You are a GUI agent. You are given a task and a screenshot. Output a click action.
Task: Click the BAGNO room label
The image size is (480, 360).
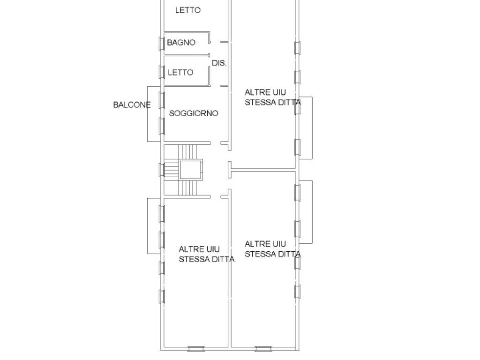[181, 43]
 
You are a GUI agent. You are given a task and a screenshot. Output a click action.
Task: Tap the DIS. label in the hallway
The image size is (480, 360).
[219, 63]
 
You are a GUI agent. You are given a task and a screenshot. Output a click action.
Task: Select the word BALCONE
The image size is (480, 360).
[132, 105]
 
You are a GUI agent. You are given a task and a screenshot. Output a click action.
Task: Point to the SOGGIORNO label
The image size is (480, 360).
[194, 113]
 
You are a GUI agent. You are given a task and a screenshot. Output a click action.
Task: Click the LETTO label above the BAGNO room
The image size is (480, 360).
[187, 10]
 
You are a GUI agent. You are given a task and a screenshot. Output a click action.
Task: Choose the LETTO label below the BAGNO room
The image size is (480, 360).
[180, 73]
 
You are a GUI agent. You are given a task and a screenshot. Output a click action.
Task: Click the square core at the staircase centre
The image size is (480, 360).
[191, 169]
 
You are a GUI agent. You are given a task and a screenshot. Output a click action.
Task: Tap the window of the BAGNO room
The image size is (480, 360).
[162, 43]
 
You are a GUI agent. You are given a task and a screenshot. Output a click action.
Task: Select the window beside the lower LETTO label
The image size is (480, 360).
[162, 72]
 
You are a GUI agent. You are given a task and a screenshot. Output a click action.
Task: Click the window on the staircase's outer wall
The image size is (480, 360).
[162, 170]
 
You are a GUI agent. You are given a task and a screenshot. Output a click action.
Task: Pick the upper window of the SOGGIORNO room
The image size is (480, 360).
[162, 100]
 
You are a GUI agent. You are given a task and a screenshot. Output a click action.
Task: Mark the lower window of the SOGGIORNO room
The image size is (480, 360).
[162, 126]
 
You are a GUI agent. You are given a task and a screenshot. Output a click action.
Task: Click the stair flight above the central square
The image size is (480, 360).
[187, 152]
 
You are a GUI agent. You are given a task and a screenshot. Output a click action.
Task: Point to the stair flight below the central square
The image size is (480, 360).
[187, 187]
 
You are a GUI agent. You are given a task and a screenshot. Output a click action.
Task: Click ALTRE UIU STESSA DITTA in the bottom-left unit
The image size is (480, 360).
[207, 254]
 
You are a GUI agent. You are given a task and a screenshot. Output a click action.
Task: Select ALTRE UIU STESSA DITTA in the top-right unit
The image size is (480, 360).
[273, 97]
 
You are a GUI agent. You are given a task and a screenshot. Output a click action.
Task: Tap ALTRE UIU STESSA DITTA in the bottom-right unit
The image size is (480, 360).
[273, 249]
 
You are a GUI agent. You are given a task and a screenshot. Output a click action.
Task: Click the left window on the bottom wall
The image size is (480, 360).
[196, 349]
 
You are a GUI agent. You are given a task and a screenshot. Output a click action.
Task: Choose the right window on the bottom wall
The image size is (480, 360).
[263, 349]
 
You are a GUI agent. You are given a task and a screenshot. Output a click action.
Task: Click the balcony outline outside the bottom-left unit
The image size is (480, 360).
[148, 226]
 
